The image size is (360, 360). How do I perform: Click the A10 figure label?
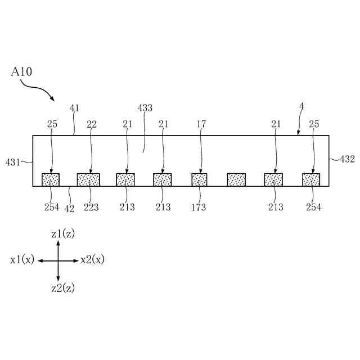(22, 72)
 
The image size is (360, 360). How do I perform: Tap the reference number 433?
(145, 108)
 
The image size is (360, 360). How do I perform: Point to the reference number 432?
(347, 159)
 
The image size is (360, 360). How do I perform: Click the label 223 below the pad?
(91, 208)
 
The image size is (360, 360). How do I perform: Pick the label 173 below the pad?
(198, 208)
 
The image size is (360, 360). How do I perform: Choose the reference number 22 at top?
(91, 124)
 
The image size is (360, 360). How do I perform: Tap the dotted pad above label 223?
(88, 179)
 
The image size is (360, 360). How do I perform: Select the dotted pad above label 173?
(199, 179)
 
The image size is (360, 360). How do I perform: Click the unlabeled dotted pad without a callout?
(236, 179)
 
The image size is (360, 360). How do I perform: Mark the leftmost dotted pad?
(51, 179)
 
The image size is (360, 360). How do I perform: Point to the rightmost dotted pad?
(311, 179)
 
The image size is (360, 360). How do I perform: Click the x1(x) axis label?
(22, 260)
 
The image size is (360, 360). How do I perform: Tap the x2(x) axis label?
(92, 260)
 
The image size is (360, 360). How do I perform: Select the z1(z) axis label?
(62, 234)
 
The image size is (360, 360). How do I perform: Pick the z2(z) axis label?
(62, 288)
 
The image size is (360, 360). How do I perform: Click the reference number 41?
(75, 108)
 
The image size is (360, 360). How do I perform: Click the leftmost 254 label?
(52, 208)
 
